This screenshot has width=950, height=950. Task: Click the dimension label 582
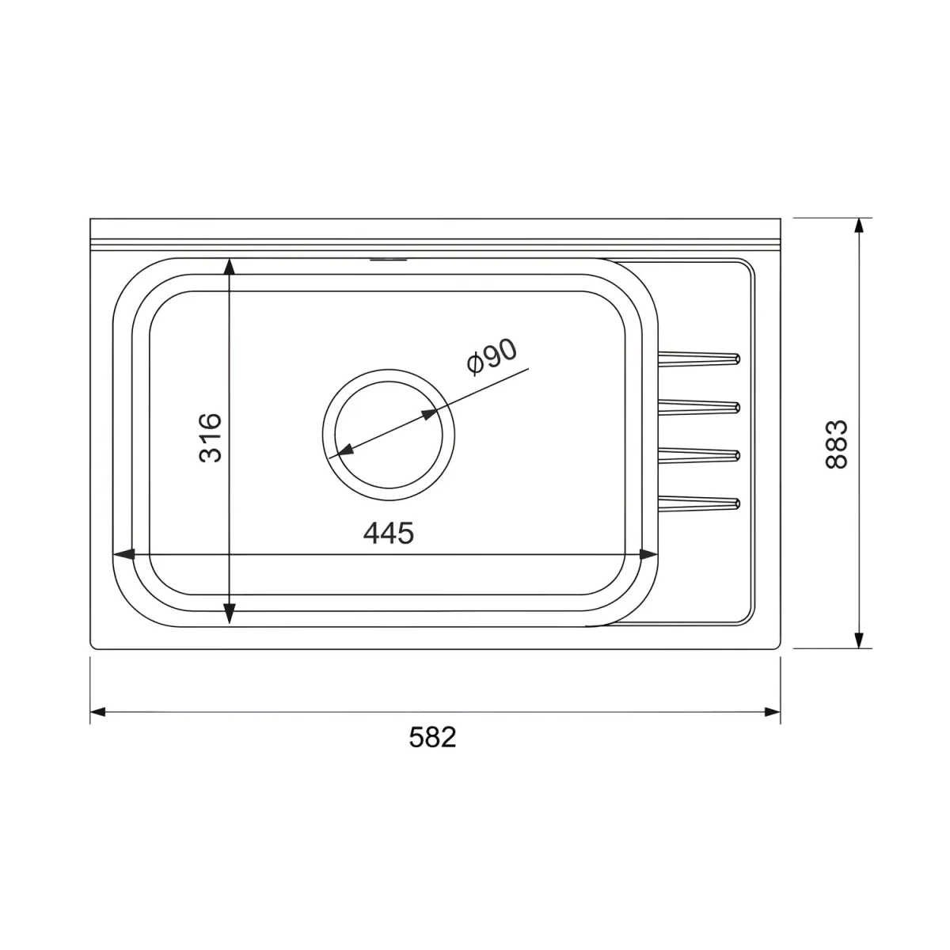[x=432, y=738]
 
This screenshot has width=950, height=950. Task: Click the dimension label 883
[x=836, y=444]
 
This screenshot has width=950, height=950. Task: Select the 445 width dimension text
[x=389, y=533]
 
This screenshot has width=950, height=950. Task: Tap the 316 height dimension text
[x=211, y=438]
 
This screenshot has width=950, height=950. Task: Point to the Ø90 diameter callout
[x=492, y=356]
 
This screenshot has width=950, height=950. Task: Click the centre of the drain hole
[x=389, y=435]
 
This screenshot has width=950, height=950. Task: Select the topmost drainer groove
[x=699, y=359]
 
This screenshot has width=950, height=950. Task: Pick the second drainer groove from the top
[x=699, y=407]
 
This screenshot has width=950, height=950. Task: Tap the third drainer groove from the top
[x=699, y=455]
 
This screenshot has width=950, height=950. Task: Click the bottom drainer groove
[x=699, y=503]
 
